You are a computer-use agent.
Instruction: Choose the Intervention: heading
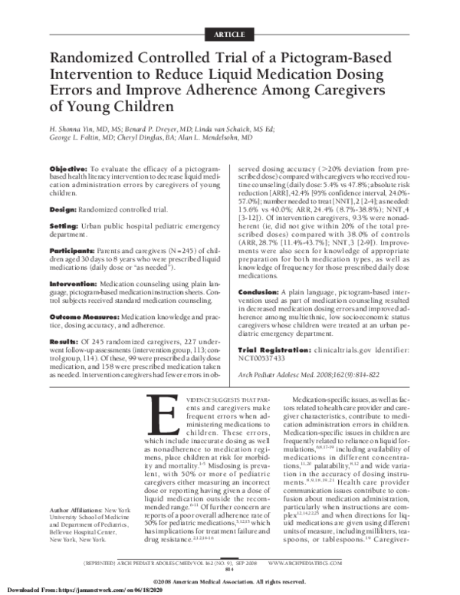click(x=76, y=283)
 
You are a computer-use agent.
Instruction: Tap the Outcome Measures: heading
click(x=87, y=316)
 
